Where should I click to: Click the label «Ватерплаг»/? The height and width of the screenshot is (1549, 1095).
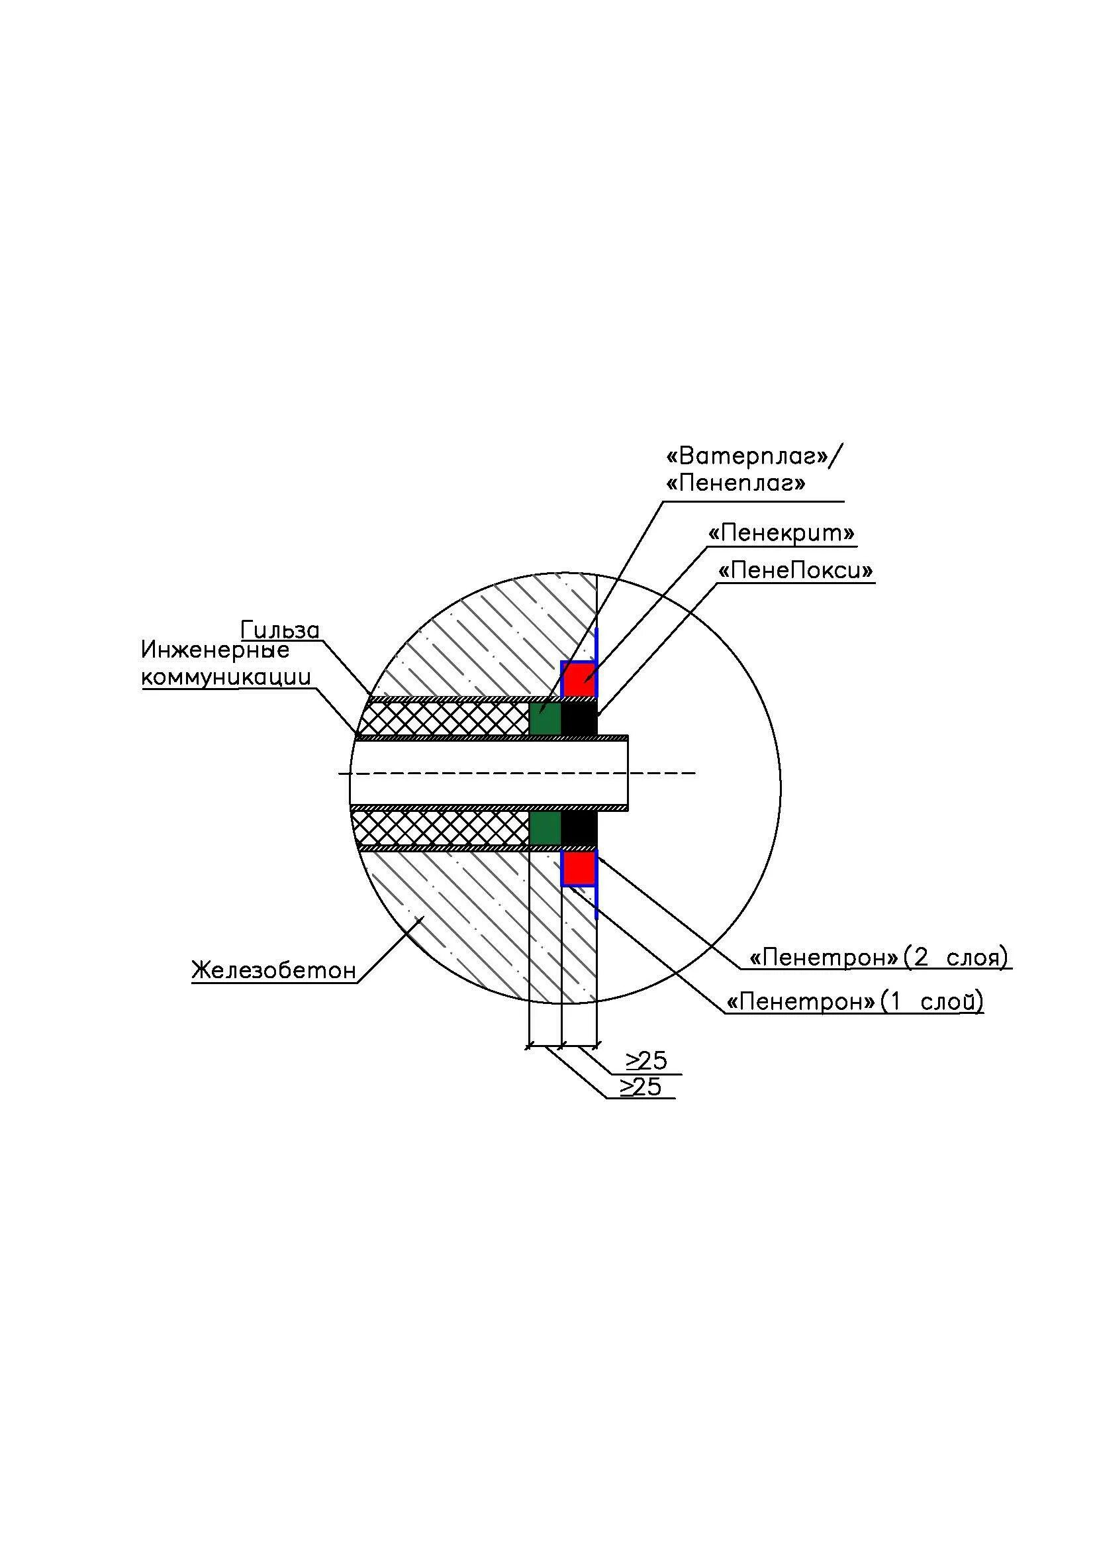(754, 457)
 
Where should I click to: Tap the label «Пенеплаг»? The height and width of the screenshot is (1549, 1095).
(736, 483)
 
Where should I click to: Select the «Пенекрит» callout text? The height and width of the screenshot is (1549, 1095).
(781, 534)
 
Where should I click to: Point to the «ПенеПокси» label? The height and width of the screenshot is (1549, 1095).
(796, 571)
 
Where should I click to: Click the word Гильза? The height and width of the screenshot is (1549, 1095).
(280, 630)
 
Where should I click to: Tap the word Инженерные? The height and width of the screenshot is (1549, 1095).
(215, 650)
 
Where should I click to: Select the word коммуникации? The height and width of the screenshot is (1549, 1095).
(226, 677)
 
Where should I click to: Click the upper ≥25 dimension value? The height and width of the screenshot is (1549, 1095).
(647, 1061)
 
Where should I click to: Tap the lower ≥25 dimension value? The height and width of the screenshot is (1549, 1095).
(642, 1087)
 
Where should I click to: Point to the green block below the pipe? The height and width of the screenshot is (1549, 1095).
(545, 828)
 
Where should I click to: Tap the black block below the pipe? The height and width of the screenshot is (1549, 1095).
(579, 828)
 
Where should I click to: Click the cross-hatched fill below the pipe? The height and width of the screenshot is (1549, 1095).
(442, 828)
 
